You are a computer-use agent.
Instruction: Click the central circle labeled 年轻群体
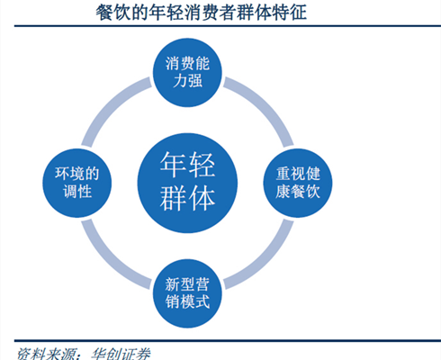pos(187,183)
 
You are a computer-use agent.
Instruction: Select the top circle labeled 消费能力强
pos(187,72)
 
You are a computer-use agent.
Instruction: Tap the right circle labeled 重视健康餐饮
pos(298,183)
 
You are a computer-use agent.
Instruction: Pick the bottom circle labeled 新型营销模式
pos(187,293)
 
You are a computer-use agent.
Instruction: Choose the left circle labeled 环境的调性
pos(77,183)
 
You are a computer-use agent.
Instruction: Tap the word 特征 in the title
pos(289,12)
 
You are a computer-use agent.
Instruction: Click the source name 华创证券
pos(121,354)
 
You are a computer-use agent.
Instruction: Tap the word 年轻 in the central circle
pos(187,165)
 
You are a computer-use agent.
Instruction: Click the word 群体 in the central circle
pos(187,198)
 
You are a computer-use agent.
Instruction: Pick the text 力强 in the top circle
pos(187,81)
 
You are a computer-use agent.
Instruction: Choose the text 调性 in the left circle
pos(77,192)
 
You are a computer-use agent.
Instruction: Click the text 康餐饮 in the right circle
pos(298,192)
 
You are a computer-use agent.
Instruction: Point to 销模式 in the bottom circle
pos(187,302)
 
